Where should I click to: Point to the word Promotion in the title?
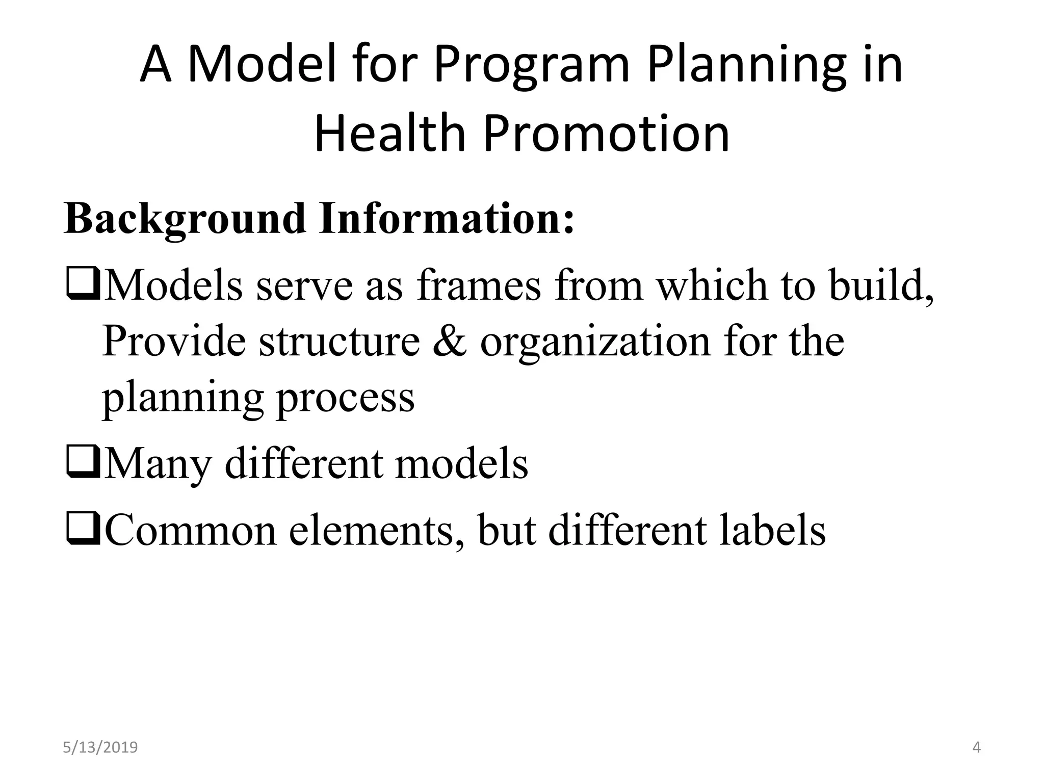(606, 134)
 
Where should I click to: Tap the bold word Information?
(447, 219)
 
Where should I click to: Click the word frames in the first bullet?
(479, 285)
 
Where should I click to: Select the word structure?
(340, 342)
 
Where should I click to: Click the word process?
(345, 399)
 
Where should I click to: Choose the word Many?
(158, 464)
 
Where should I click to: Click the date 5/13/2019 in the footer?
(100, 748)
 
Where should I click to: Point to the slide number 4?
(976, 748)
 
